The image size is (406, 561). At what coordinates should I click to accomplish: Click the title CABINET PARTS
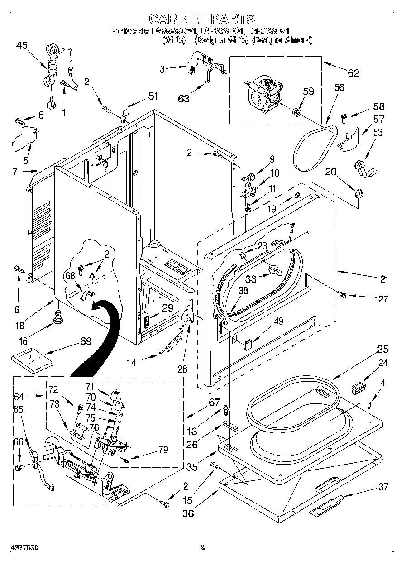tap(202, 19)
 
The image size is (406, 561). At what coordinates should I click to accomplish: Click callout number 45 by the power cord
tap(22, 45)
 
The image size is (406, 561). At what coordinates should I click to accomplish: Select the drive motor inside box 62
tap(262, 94)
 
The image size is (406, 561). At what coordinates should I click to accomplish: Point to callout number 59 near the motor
tap(308, 91)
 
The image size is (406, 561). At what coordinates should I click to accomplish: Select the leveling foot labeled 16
tap(57, 317)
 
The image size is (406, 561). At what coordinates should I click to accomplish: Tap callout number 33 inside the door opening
tap(251, 279)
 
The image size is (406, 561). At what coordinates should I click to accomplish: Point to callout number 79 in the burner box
tap(162, 450)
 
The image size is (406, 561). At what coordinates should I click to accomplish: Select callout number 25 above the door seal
tap(383, 350)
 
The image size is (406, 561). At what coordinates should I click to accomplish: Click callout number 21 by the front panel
tap(384, 279)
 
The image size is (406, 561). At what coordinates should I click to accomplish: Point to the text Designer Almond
tap(282, 40)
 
